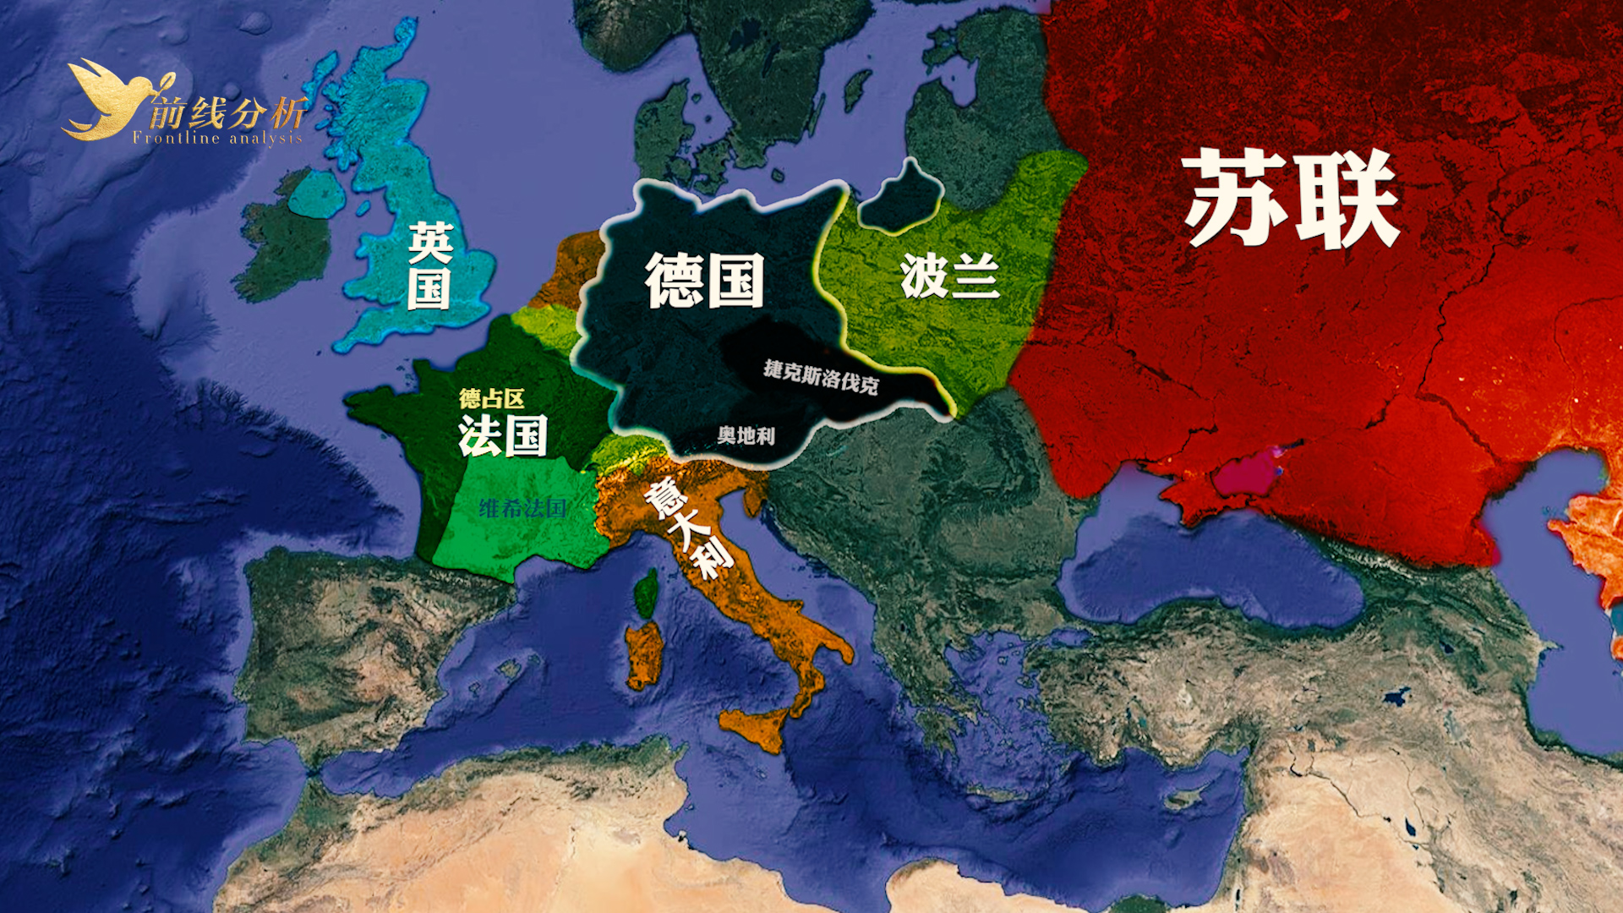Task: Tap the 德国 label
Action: click(x=704, y=280)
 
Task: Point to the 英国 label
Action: click(x=429, y=265)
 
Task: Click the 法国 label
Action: click(x=503, y=436)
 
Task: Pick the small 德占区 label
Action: click(x=492, y=398)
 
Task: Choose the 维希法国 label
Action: click(x=522, y=508)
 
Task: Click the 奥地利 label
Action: click(x=746, y=435)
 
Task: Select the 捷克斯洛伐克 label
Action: click(x=821, y=377)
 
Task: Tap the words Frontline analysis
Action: click(x=217, y=139)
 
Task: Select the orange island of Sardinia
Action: click(x=645, y=655)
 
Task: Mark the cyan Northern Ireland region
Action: click(x=316, y=194)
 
